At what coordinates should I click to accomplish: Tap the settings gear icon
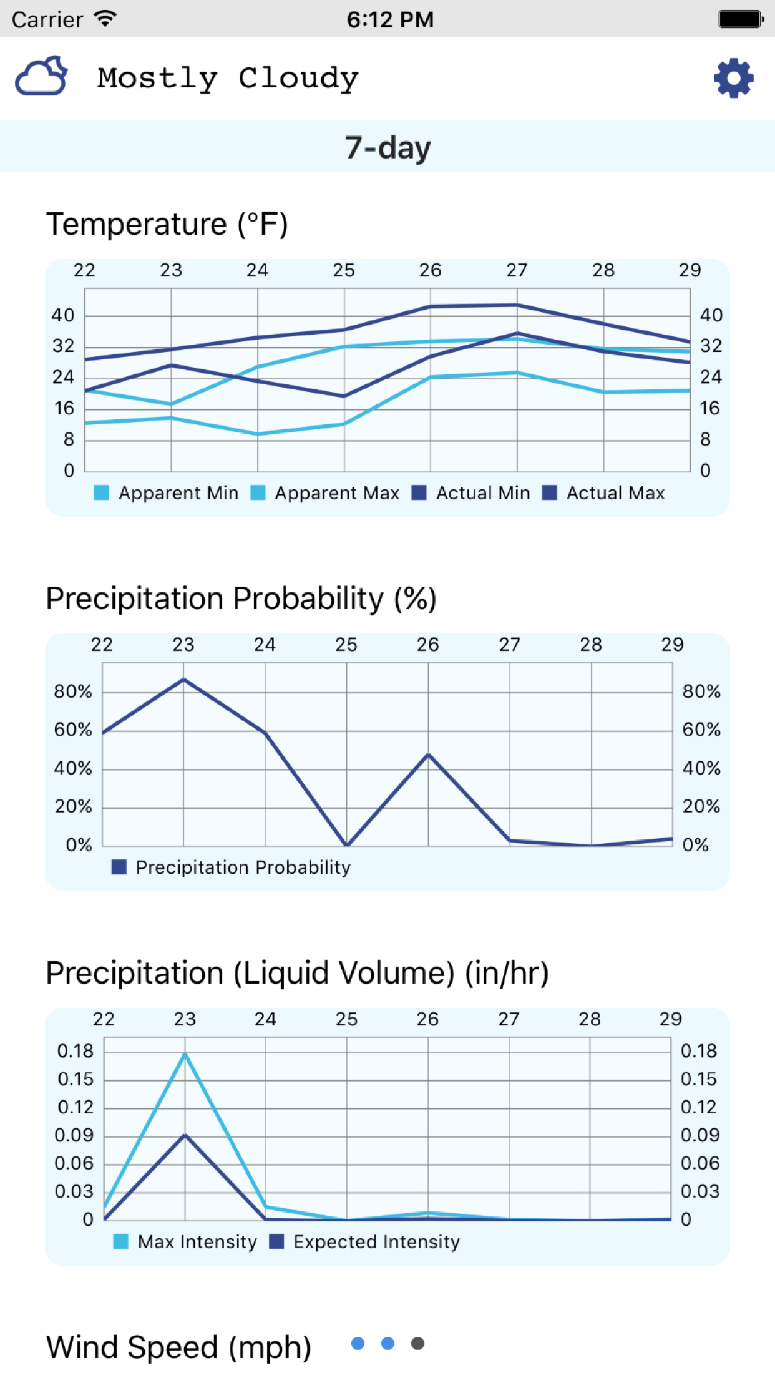(x=734, y=78)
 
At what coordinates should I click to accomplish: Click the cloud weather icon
(x=41, y=77)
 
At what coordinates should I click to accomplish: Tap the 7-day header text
(x=387, y=147)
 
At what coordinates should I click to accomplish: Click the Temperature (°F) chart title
(x=167, y=224)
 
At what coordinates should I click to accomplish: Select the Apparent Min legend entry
(x=166, y=493)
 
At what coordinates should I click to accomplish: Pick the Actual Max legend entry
(x=603, y=493)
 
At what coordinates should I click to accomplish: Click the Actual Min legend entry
(x=470, y=493)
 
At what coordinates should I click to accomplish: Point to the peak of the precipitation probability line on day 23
(x=183, y=680)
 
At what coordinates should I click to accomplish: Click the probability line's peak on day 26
(x=428, y=755)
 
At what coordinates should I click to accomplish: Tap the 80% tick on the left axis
(x=72, y=691)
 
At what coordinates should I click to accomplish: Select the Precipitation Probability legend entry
(x=231, y=867)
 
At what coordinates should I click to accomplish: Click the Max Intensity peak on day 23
(x=185, y=1054)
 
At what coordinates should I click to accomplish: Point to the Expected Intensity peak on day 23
(x=185, y=1135)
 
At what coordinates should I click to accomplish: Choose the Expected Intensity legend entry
(x=364, y=1242)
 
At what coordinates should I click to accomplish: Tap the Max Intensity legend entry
(x=185, y=1242)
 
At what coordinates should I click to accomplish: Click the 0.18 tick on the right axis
(x=698, y=1051)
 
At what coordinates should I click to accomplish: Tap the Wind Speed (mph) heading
(x=178, y=1347)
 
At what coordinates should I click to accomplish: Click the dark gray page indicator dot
(x=417, y=1344)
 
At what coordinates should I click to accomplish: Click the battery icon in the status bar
(x=741, y=19)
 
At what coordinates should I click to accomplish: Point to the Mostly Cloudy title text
(x=228, y=79)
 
